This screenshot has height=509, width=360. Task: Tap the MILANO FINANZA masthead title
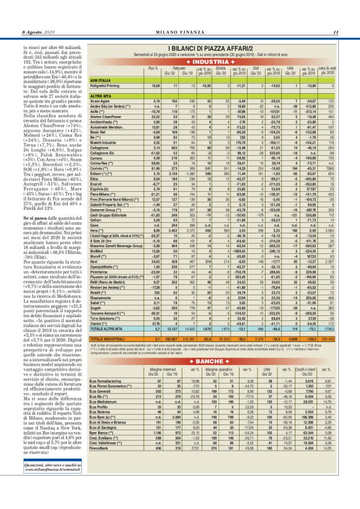click(x=179, y=15)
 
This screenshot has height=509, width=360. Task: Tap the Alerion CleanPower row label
click(x=109, y=98)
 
